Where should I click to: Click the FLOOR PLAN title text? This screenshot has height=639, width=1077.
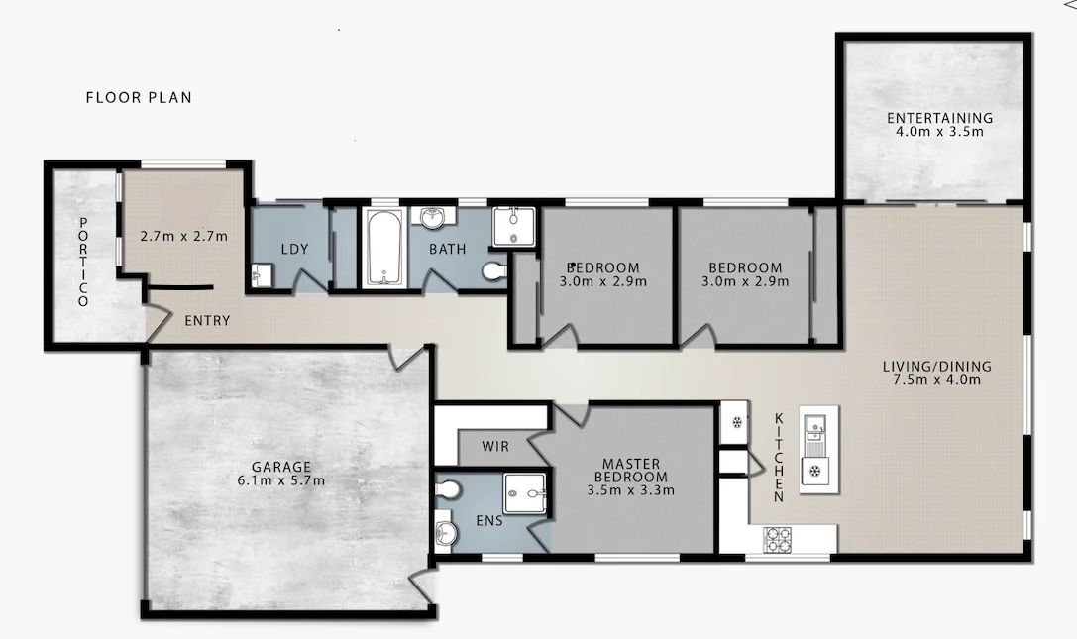pyautogui.click(x=139, y=97)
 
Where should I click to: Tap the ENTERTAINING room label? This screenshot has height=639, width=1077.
pyautogui.click(x=939, y=118)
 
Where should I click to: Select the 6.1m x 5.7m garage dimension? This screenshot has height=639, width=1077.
pyautogui.click(x=281, y=480)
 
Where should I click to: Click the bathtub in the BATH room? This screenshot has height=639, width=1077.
pyautogui.click(x=381, y=247)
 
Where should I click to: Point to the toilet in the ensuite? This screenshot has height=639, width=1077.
pyautogui.click(x=449, y=489)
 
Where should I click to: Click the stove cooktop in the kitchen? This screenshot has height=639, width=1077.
pyautogui.click(x=779, y=539)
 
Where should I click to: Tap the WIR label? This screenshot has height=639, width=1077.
pyautogui.click(x=495, y=447)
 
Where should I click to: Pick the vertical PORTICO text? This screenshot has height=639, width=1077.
pyautogui.click(x=84, y=261)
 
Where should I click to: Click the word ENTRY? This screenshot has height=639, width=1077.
pyautogui.click(x=208, y=321)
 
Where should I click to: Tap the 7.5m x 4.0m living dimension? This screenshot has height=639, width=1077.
pyautogui.click(x=936, y=379)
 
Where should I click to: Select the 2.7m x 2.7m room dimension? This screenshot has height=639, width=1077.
pyautogui.click(x=184, y=236)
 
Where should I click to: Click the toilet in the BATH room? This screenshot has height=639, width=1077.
pyautogui.click(x=492, y=268)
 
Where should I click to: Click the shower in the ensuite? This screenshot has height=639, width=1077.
pyautogui.click(x=525, y=490)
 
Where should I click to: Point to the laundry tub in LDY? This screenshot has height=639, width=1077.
pyautogui.click(x=263, y=274)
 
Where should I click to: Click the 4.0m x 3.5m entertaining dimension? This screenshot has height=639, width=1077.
pyautogui.click(x=939, y=132)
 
